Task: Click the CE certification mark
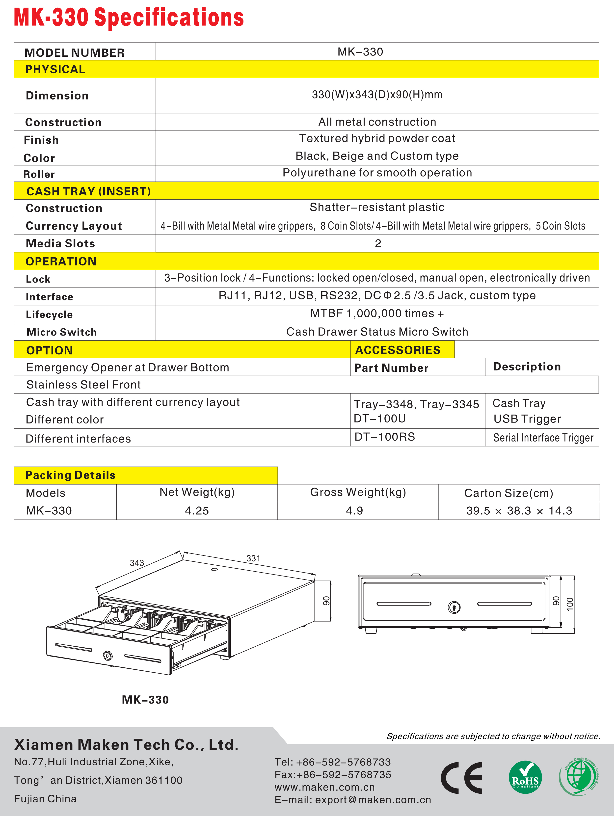click(x=462, y=778)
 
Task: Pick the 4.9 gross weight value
click(x=354, y=511)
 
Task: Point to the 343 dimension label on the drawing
click(x=137, y=563)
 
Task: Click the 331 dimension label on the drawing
click(x=253, y=558)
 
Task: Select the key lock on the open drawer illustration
click(x=108, y=656)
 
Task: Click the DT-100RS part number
click(x=384, y=437)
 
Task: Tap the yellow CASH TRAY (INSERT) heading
click(x=89, y=191)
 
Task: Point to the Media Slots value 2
click(x=377, y=243)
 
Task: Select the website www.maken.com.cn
click(x=324, y=787)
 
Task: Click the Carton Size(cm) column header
click(x=508, y=493)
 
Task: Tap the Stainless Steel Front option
click(x=83, y=385)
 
